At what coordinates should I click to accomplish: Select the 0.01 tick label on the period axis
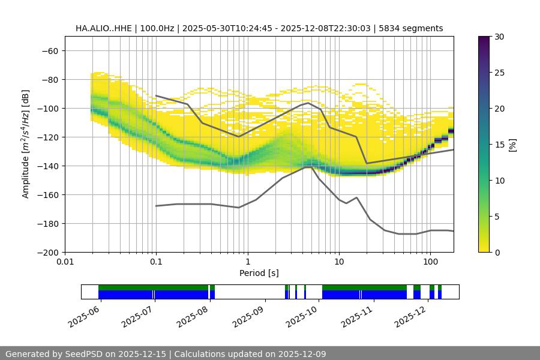tap(65, 262)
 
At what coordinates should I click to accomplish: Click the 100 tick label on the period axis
tap(430, 262)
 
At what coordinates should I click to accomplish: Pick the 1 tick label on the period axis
tap(247, 262)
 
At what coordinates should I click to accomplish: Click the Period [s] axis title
tap(259, 273)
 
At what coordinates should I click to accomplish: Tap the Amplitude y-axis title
tap(26, 144)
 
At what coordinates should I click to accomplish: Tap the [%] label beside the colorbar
tap(512, 145)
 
